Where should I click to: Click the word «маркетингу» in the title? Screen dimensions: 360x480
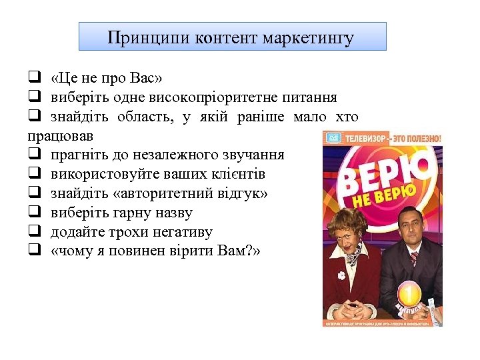coord(308,37)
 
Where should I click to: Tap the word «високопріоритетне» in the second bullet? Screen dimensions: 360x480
coord(206,97)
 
